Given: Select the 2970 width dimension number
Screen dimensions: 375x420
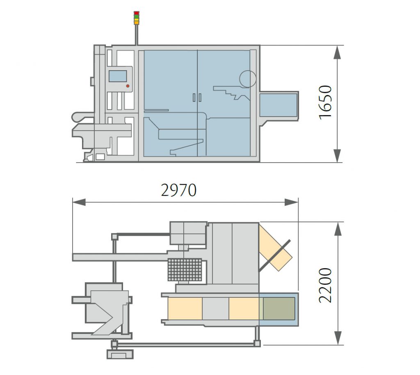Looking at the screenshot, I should click(179, 190).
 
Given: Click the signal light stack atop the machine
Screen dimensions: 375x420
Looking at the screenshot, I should click(137, 18).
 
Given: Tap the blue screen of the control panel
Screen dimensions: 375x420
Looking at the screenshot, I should click(118, 76).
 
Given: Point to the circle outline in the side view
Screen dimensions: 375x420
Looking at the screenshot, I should click(248, 79).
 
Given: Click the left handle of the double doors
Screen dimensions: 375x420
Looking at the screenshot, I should click(194, 97).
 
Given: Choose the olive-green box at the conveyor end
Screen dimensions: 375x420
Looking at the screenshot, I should click(278, 308).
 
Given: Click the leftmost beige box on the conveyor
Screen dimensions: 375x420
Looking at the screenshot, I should click(185, 308).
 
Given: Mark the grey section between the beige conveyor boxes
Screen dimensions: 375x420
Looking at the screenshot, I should click(215, 308).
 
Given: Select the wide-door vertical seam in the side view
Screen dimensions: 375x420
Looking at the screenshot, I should click(197, 103).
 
